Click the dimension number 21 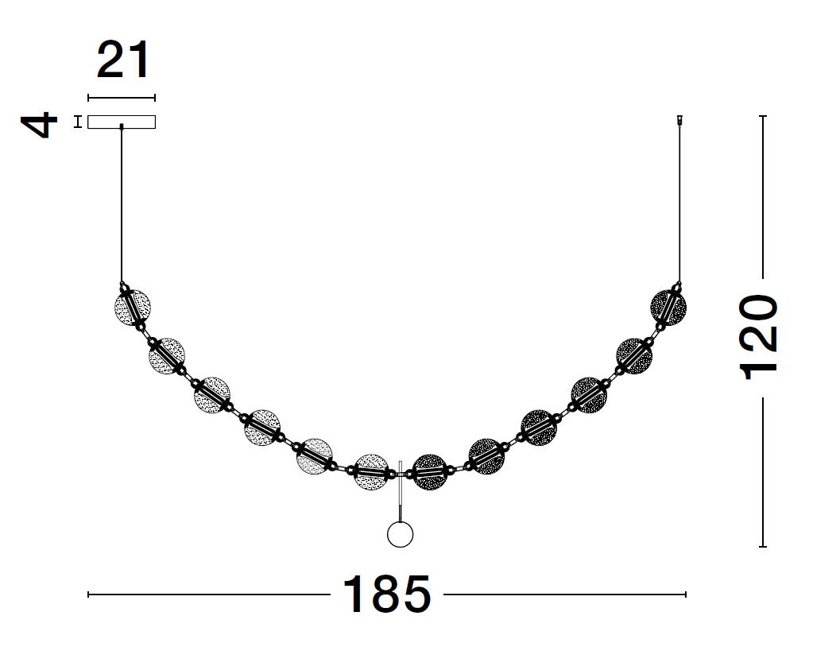(123, 61)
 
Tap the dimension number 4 (39, 124)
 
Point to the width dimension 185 (387, 594)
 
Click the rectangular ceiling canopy (122, 122)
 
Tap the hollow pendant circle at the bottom (401, 534)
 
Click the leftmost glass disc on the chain (133, 308)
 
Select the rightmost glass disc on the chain (668, 308)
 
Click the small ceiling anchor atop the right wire (679, 121)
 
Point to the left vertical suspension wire (122, 205)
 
